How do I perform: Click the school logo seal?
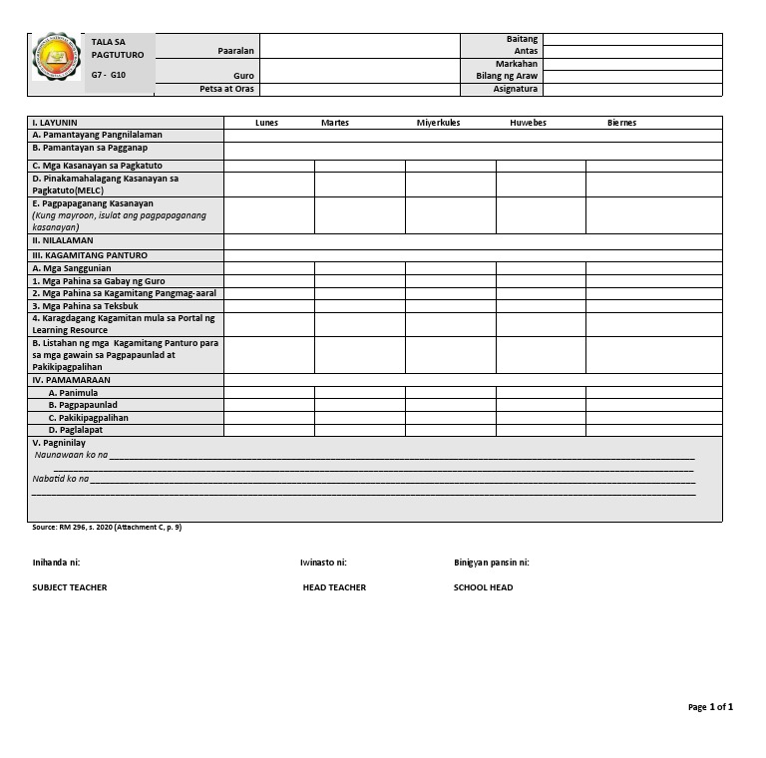coord(56,57)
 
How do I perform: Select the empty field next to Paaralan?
coord(359,46)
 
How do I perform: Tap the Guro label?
coord(243,76)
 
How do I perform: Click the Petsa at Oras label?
coord(226,89)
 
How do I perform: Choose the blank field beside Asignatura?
coord(631,89)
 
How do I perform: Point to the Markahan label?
coord(517,64)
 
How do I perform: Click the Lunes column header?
coord(266,123)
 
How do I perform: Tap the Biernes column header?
coord(621,123)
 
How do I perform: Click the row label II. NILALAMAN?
coord(63,240)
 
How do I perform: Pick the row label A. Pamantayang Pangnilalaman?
coord(97,135)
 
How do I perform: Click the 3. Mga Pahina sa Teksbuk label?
coord(85,306)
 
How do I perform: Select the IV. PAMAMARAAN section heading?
coord(71,380)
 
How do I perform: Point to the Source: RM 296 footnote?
coord(107,527)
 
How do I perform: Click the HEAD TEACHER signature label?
coord(334,587)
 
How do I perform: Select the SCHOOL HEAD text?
coord(483,587)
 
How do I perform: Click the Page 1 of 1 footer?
coord(710,707)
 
